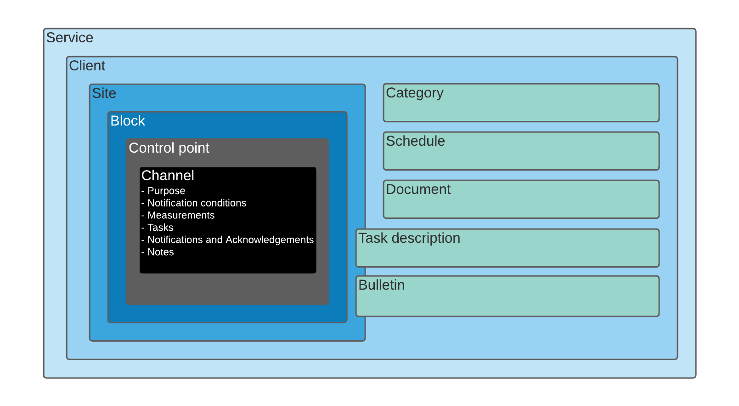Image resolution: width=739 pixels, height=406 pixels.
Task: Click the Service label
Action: click(70, 38)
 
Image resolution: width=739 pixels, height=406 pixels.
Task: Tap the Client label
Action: click(87, 66)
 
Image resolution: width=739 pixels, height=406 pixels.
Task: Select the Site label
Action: click(104, 93)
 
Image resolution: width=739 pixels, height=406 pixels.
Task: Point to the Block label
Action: click(128, 121)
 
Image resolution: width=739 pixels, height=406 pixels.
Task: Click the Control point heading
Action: click(169, 148)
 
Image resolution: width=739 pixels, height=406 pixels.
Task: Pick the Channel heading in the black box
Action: click(168, 176)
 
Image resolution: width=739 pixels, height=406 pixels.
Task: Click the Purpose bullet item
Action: click(163, 191)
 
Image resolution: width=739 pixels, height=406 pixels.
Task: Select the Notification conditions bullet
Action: click(194, 203)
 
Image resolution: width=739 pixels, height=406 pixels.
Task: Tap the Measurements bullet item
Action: click(178, 215)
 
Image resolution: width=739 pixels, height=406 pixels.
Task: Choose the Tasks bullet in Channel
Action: click(157, 228)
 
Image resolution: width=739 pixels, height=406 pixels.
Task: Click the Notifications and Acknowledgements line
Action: click(227, 240)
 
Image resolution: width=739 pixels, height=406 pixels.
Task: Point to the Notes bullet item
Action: click(158, 252)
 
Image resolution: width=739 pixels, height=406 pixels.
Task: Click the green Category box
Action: click(521, 103)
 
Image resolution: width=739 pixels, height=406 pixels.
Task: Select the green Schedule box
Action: click(521, 151)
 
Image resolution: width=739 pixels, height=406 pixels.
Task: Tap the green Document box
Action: click(521, 199)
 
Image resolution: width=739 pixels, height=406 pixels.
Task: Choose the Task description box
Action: click(508, 248)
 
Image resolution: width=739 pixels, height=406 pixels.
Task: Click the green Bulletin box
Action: click(508, 296)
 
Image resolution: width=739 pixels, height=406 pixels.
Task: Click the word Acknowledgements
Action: click(270, 240)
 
